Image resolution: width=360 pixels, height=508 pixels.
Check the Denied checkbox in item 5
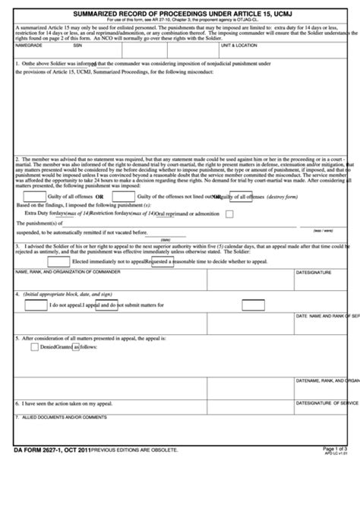pos(34,347)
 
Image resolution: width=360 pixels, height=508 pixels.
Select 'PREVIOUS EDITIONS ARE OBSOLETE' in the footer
pos(134,450)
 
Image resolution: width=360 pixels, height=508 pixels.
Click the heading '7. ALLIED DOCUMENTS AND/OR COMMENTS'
pos(61,417)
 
